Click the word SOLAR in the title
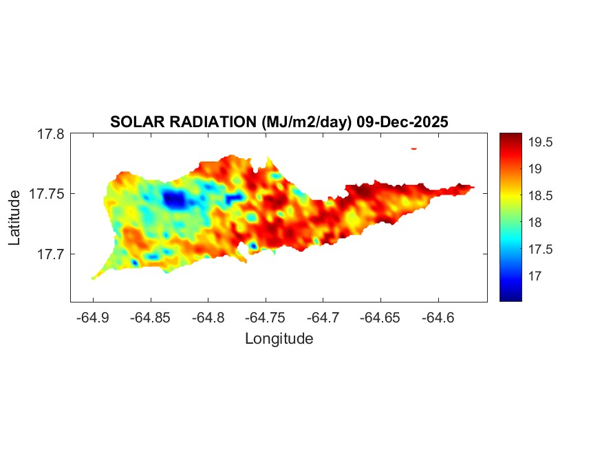(133, 122)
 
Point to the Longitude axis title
(279, 338)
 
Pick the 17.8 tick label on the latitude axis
(50, 134)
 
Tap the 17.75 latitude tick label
(47, 194)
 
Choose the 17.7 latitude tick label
(50, 254)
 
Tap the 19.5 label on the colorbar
(541, 142)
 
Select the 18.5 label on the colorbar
(541, 196)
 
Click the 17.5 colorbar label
(541, 249)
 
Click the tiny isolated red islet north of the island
(414, 148)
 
